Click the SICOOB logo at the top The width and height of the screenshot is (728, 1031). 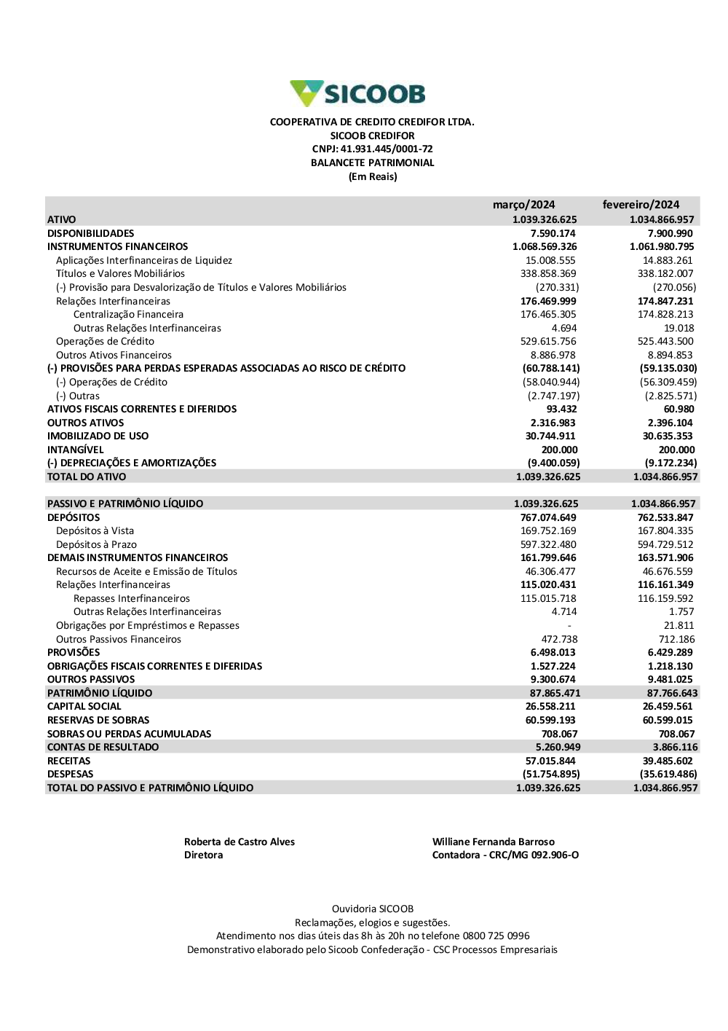(x=357, y=94)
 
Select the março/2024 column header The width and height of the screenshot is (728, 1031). (x=523, y=205)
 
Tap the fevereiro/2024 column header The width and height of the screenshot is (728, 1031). (x=641, y=205)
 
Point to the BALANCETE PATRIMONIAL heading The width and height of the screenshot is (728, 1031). (x=372, y=163)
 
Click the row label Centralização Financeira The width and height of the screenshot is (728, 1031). (x=128, y=315)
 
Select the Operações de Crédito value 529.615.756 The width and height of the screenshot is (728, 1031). (x=549, y=342)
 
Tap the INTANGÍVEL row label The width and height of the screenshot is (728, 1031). (x=76, y=450)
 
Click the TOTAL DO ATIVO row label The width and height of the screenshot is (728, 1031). (x=87, y=477)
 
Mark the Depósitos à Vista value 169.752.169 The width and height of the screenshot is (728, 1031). (x=548, y=531)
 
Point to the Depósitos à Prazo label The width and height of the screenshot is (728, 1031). (x=96, y=545)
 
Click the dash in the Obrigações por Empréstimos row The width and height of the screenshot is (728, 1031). (x=569, y=626)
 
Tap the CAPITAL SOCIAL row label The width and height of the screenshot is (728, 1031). (x=84, y=707)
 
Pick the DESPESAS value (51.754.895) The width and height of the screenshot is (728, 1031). (x=551, y=775)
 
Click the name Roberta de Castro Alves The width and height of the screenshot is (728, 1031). (x=240, y=842)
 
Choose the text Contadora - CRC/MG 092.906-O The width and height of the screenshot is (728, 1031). (x=505, y=855)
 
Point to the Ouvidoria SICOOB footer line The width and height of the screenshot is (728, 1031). (x=373, y=909)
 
